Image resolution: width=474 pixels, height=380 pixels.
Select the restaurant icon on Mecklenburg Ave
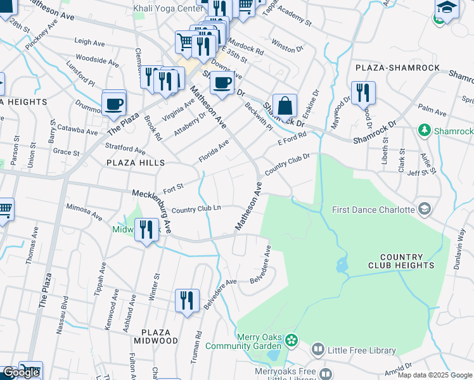[x=147, y=229]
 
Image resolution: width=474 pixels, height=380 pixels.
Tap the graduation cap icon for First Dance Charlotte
[x=424, y=209]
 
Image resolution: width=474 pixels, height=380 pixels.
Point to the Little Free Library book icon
[x=317, y=350]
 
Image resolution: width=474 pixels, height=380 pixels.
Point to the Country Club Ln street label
[x=196, y=210]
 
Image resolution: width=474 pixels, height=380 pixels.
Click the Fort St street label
[x=173, y=188]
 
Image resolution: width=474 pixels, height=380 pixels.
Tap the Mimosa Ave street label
[x=84, y=212]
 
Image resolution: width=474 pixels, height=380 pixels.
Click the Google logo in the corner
[x=22, y=372]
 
